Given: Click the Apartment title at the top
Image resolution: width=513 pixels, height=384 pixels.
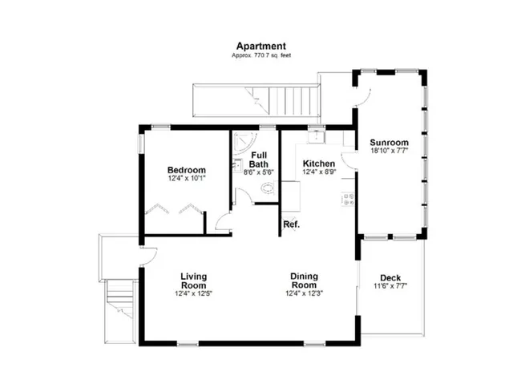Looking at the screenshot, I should pos(261,46).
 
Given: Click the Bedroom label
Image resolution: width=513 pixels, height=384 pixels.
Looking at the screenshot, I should pos(186,170).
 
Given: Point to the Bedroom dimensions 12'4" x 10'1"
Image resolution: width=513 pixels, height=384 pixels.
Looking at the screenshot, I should pos(186,179).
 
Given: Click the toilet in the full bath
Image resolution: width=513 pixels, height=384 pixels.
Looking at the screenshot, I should pos(267,189).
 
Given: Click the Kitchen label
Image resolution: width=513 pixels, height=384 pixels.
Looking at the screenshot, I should pos(318,164).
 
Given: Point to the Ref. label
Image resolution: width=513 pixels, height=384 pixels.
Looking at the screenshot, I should pos(291,224).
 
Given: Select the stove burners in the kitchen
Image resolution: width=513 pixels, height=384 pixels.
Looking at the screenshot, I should pos(349,198).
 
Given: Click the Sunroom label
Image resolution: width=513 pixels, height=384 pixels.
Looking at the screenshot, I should pos(390,143).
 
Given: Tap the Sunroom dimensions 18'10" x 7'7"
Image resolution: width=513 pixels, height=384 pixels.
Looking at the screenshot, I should pos(390,151).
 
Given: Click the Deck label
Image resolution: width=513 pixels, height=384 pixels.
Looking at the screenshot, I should pos(390,278).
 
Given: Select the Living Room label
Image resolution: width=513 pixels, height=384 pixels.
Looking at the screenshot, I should pos(193,281).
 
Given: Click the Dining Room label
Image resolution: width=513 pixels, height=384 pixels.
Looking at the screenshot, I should pos(304,281).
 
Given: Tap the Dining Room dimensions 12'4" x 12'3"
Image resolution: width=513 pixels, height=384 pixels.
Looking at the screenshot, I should pos(304,293).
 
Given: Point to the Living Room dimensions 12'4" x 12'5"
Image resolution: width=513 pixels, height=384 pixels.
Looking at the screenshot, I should pos(193,293).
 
